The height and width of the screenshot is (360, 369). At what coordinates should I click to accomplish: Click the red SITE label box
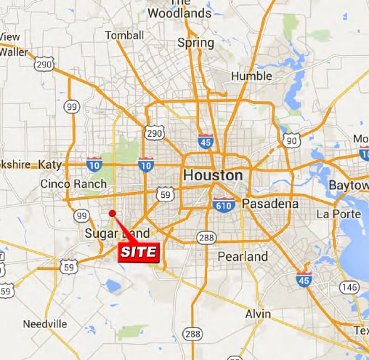pos(138,252)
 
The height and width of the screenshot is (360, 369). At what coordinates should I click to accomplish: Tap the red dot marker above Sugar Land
pos(112,213)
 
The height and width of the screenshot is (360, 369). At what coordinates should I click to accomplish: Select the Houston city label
pos(213,175)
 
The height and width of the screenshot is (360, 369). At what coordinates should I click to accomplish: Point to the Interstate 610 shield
pos(223,205)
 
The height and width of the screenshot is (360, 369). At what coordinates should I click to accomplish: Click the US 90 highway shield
pos(291,140)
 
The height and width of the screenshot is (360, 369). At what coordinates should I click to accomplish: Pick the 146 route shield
pos(349,287)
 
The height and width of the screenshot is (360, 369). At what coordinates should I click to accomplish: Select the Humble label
pos(251,76)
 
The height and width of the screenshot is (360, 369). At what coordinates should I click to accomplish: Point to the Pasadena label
pos(269,204)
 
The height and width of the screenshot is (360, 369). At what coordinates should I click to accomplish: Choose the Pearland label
pos(243,257)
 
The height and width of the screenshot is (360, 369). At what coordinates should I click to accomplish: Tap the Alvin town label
pos(257,313)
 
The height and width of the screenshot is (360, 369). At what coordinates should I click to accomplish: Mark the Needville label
pos(45,324)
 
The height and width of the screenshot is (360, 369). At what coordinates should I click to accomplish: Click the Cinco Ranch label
pos(73,184)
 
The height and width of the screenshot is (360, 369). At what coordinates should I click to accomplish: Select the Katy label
pos(51,164)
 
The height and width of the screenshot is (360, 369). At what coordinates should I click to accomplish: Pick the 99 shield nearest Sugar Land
pos(81,216)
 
